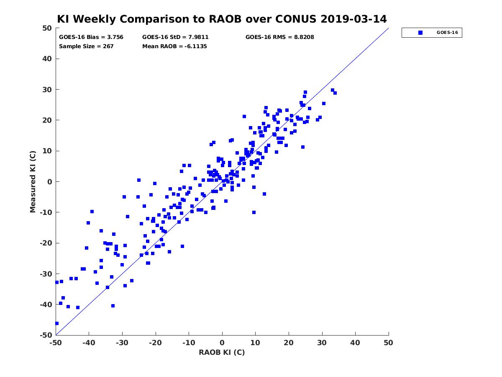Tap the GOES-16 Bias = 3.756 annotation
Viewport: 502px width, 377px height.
point(91,37)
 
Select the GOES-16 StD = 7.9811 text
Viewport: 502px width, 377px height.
point(175,37)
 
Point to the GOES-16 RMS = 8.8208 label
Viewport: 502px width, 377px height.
point(279,37)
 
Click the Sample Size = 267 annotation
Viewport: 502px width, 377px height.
point(86,46)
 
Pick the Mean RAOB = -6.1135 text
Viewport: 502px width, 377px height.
point(174,46)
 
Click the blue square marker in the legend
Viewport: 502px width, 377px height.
point(420,33)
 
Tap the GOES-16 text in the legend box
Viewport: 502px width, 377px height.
point(447,33)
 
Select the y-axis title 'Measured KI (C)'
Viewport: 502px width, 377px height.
point(33,181)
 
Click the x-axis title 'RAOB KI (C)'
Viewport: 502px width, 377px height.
point(222,352)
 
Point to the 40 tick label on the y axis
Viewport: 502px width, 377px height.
point(47,59)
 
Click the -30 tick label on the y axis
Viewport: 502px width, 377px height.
point(46,274)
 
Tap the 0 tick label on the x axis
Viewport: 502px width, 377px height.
point(222,343)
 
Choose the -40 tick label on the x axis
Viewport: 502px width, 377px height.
point(89,343)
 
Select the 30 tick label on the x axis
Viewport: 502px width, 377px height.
point(322,343)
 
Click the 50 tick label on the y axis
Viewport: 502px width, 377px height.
point(47,28)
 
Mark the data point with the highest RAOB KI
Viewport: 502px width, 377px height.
point(335,93)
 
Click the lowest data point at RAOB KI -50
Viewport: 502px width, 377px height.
point(57,323)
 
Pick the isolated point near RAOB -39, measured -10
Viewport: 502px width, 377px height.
point(92,212)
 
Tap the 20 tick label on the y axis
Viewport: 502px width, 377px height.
point(47,120)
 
